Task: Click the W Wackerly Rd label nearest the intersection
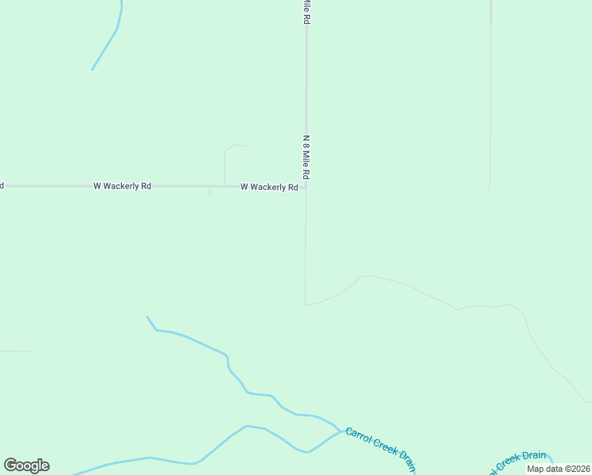pyautogui.click(x=269, y=187)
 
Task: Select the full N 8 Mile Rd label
pyautogui.click(x=305, y=156)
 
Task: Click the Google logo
pyautogui.click(x=26, y=465)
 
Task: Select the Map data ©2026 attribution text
pyautogui.click(x=559, y=469)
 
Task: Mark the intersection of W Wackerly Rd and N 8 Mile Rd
pyautogui.click(x=306, y=187)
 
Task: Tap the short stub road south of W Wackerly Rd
pyautogui.click(x=210, y=192)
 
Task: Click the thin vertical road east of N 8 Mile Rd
pyautogui.click(x=490, y=103)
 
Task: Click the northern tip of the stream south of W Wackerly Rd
pyautogui.click(x=147, y=317)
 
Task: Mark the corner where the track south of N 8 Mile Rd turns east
pyautogui.click(x=305, y=304)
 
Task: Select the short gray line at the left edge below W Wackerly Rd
pyautogui.click(x=16, y=351)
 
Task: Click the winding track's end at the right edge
pyautogui.click(x=589, y=401)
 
